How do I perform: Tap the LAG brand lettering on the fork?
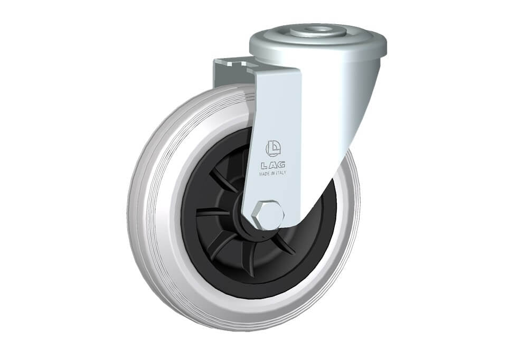point(273,165)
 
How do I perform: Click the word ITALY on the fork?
point(280,173)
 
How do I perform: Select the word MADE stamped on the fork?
point(264,174)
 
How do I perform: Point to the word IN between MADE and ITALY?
point(271,174)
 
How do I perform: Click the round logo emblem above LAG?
point(274,148)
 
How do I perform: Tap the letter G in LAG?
point(281,164)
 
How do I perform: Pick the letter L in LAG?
point(263,165)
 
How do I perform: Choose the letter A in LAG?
point(272,165)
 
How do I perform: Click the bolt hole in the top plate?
point(318,30)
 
